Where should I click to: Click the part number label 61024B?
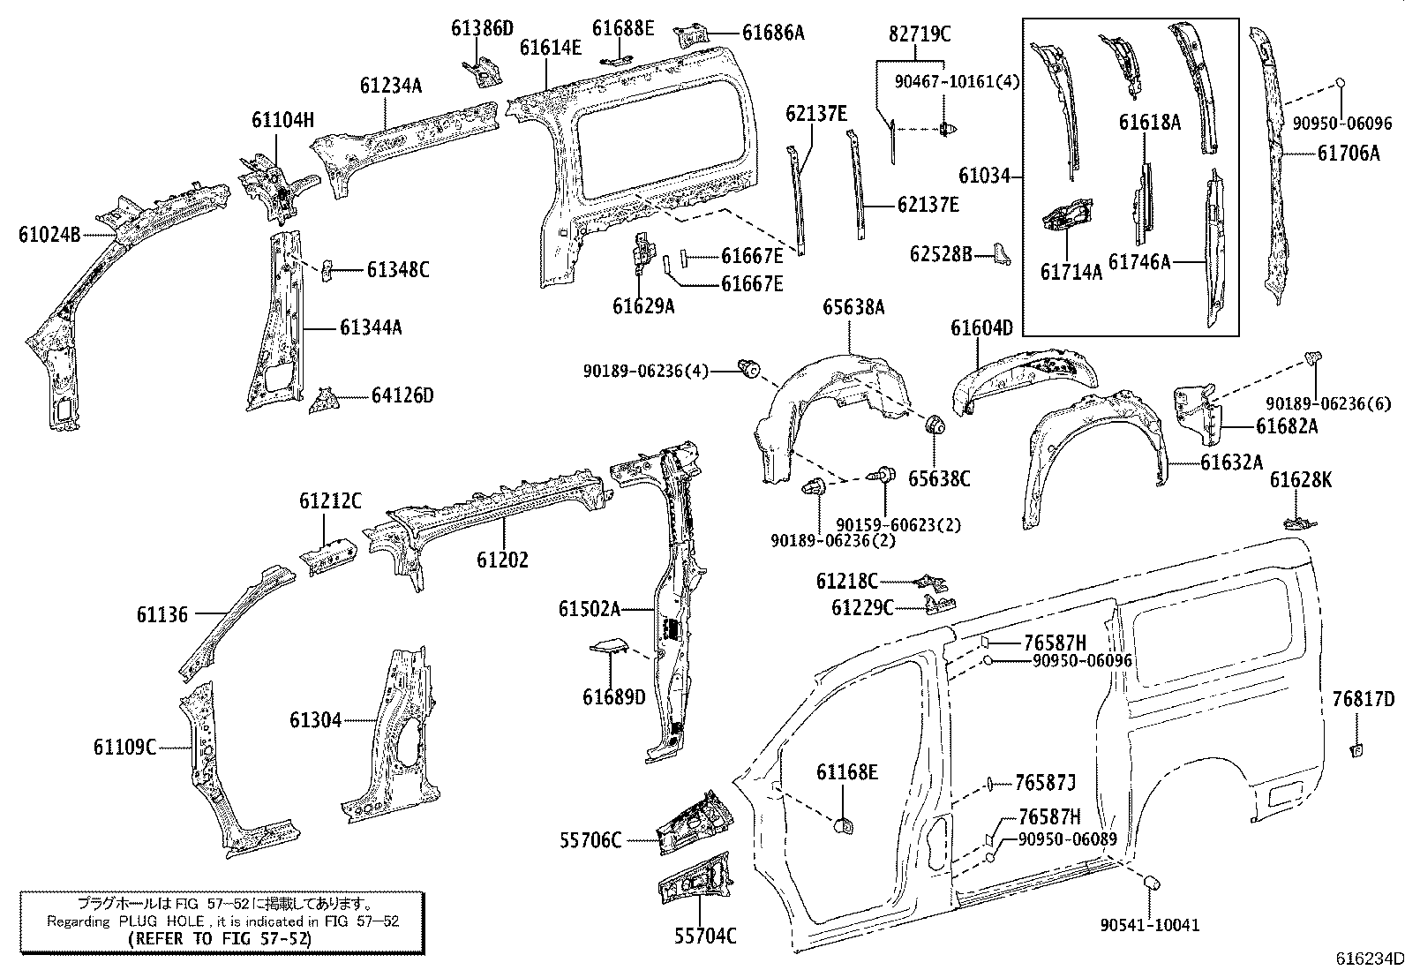coord(49,235)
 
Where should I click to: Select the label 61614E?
coord(550,48)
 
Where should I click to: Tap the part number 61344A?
coord(371,327)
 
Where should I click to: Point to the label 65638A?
coord(853,307)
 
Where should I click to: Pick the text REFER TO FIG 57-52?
coord(222,939)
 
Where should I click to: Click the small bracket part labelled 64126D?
coord(324,400)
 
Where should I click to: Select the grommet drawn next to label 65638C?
coord(935,425)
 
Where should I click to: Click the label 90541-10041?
coord(1150,925)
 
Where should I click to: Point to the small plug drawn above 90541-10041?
coord(1150,884)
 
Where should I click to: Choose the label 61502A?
coord(590,609)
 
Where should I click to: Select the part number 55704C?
coord(697,936)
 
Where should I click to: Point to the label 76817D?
coord(1363,700)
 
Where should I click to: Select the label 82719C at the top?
coord(920,35)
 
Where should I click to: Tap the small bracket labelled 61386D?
coord(483,71)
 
